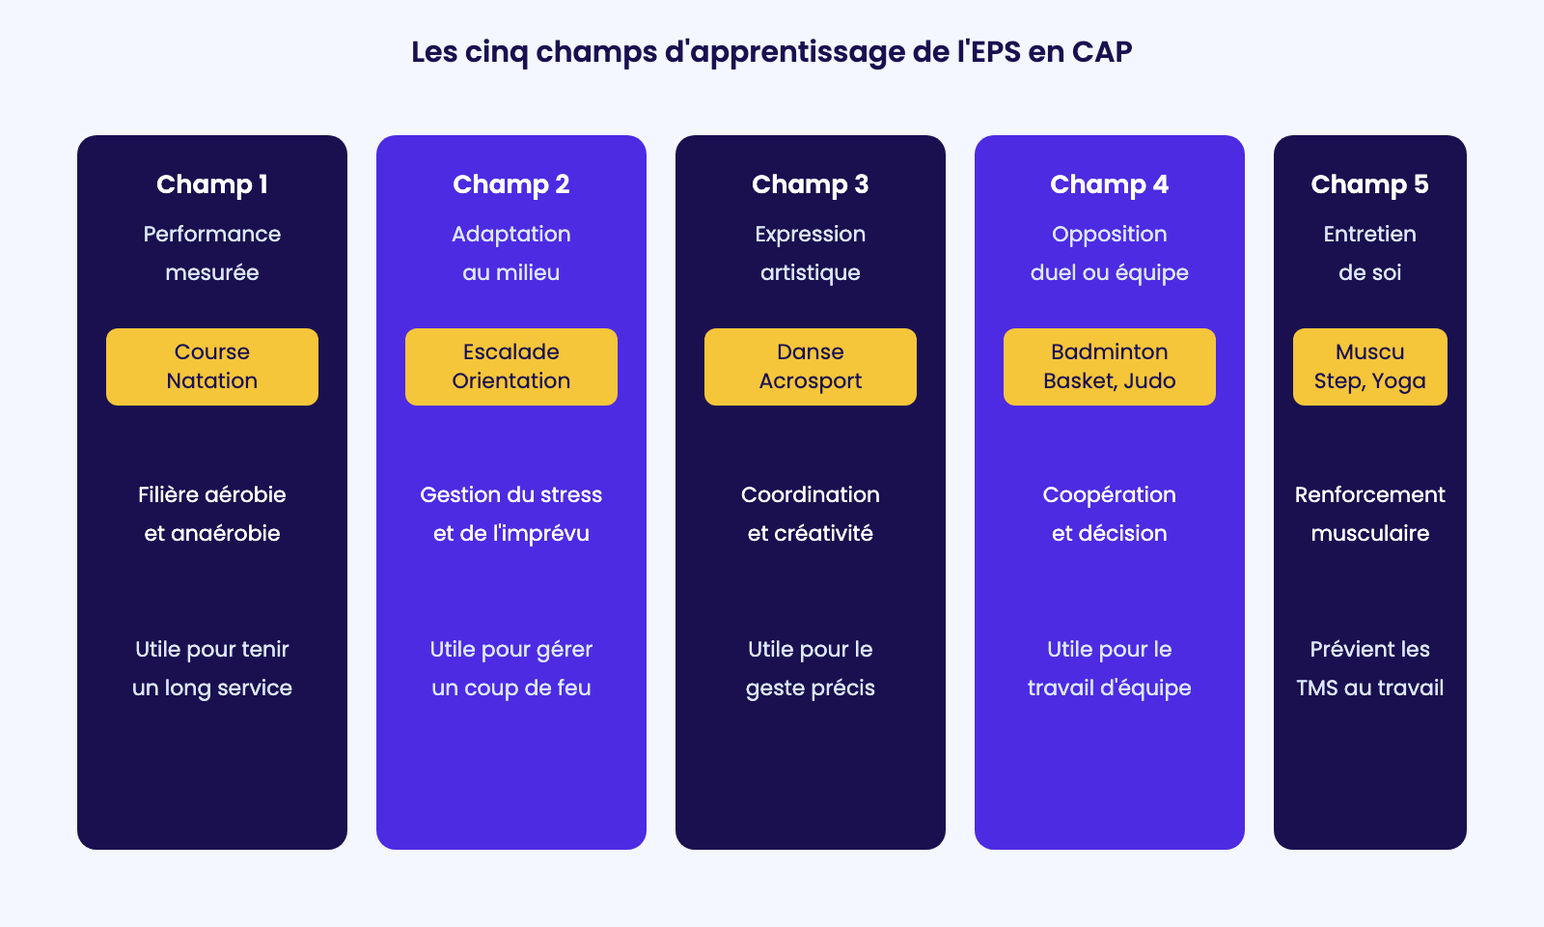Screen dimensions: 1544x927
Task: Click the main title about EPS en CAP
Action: (x=771, y=52)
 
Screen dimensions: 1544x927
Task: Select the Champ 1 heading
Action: (x=211, y=184)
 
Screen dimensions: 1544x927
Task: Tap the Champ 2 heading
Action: (x=510, y=184)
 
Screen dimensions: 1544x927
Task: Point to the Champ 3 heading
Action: (x=810, y=184)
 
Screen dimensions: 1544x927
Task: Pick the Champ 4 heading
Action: (x=1109, y=184)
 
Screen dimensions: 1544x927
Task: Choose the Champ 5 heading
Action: (x=1369, y=184)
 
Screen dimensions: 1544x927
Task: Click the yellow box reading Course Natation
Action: (x=212, y=367)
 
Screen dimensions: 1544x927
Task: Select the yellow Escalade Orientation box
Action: (x=511, y=367)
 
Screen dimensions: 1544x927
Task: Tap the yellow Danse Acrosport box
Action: (x=811, y=367)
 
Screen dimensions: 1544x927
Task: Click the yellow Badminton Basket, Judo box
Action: (x=1110, y=367)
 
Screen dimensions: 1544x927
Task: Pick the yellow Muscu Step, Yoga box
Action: (x=1370, y=367)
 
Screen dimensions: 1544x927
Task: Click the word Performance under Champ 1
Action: (x=211, y=235)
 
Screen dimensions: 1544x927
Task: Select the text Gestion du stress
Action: (x=510, y=494)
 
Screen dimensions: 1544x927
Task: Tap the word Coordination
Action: (x=810, y=494)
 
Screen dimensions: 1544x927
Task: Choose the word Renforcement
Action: (x=1369, y=494)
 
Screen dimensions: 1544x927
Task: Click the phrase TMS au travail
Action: (x=1369, y=688)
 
